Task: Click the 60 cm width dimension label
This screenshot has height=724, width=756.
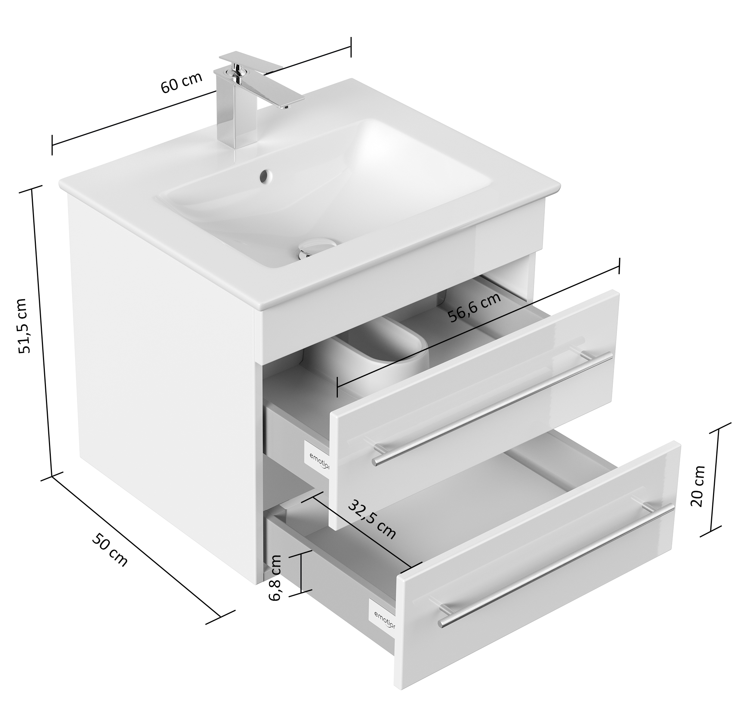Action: tap(181, 82)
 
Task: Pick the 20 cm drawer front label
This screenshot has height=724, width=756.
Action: tap(698, 486)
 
